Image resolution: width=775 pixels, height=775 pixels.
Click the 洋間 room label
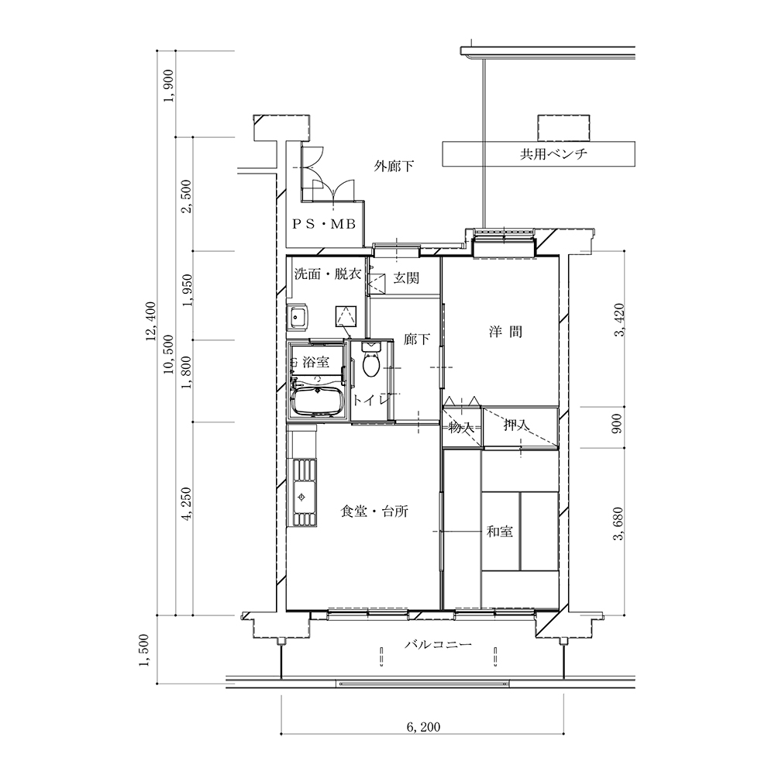tap(505, 332)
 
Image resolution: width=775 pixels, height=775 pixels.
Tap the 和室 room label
tap(500, 532)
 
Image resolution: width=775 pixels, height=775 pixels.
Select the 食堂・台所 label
tap(374, 511)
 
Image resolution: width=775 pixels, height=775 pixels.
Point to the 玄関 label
tap(406, 278)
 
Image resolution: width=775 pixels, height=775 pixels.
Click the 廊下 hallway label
tap(417, 339)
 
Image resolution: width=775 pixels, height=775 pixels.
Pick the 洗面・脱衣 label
tap(328, 274)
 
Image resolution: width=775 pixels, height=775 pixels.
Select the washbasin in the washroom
tap(298, 317)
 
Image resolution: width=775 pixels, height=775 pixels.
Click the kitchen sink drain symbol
tap(301, 496)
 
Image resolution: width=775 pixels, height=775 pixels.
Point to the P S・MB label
tap(324, 225)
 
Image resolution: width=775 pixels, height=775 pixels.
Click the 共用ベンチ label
tap(553, 153)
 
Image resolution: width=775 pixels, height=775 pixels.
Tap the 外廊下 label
tap(394, 166)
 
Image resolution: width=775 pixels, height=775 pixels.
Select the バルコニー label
tap(438, 645)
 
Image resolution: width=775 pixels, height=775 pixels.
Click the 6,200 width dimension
tap(423, 727)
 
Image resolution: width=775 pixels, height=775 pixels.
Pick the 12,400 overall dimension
tap(150, 322)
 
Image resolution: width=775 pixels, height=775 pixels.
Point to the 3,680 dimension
tap(618, 524)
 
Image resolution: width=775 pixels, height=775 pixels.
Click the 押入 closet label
tap(516, 425)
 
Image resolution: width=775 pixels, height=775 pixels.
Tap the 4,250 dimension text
tap(187, 505)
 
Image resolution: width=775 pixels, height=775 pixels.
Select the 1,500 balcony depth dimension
tap(143, 650)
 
